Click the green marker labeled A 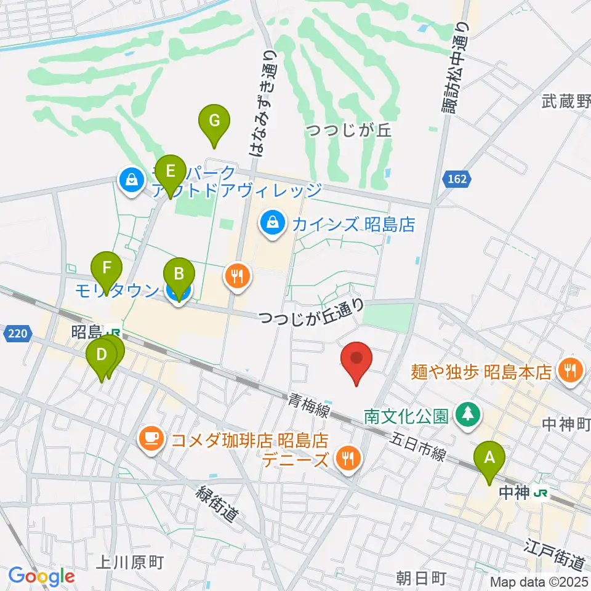(489, 459)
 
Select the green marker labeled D (102, 356)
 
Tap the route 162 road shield (458, 179)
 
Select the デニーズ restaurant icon (348, 459)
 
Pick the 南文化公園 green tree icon (469, 414)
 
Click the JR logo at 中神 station (541, 492)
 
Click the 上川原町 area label (132, 561)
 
